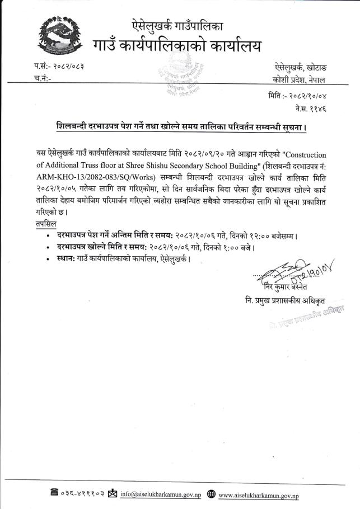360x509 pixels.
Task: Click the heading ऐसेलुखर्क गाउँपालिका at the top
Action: (x=177, y=25)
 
